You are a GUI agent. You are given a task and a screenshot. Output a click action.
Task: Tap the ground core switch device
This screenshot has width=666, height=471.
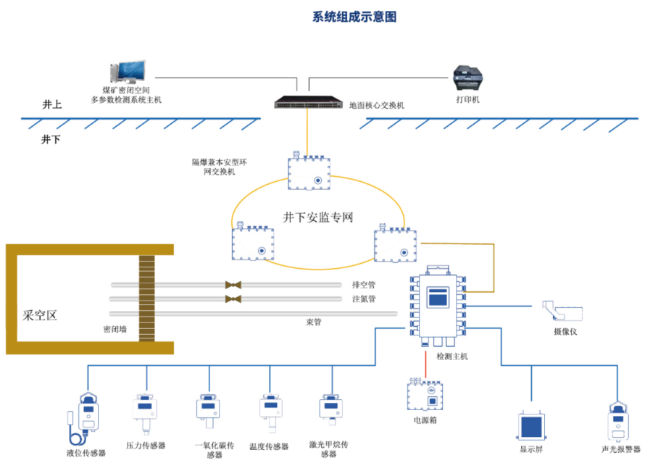[307, 102]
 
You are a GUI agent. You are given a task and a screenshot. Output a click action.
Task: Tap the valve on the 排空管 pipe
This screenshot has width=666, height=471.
[233, 285]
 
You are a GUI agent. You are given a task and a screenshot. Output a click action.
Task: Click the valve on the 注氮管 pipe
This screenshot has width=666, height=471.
[233, 299]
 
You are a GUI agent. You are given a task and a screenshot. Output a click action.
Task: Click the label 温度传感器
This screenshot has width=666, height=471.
[268, 446]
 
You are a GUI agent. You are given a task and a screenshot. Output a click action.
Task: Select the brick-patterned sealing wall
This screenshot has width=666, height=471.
[147, 299]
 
